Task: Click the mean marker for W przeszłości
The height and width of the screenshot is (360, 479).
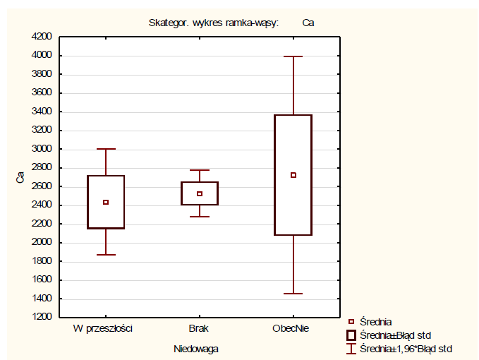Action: point(106,202)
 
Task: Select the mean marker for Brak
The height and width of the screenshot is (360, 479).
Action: point(200,193)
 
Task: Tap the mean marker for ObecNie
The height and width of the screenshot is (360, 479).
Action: point(293,175)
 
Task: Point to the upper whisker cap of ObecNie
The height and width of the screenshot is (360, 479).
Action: point(293,56)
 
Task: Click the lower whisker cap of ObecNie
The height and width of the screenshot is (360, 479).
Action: point(293,293)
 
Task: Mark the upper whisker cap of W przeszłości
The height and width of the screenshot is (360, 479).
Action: point(106,149)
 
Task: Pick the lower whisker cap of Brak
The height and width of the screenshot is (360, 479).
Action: point(200,216)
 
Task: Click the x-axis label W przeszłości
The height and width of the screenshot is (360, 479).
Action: point(103,329)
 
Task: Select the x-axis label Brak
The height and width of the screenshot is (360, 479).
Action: point(199,329)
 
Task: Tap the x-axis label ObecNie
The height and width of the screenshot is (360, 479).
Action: point(291,329)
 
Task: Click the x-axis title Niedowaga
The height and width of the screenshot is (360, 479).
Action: point(196,348)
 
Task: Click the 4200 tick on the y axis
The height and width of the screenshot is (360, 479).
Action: point(42,37)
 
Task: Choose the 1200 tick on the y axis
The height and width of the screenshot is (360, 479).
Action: point(42,317)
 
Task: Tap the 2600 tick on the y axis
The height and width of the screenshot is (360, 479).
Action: point(42,186)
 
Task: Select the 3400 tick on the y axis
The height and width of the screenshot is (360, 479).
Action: point(42,112)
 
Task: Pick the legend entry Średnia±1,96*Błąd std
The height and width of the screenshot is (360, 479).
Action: point(406,348)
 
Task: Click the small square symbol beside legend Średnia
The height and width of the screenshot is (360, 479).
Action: point(351,322)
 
